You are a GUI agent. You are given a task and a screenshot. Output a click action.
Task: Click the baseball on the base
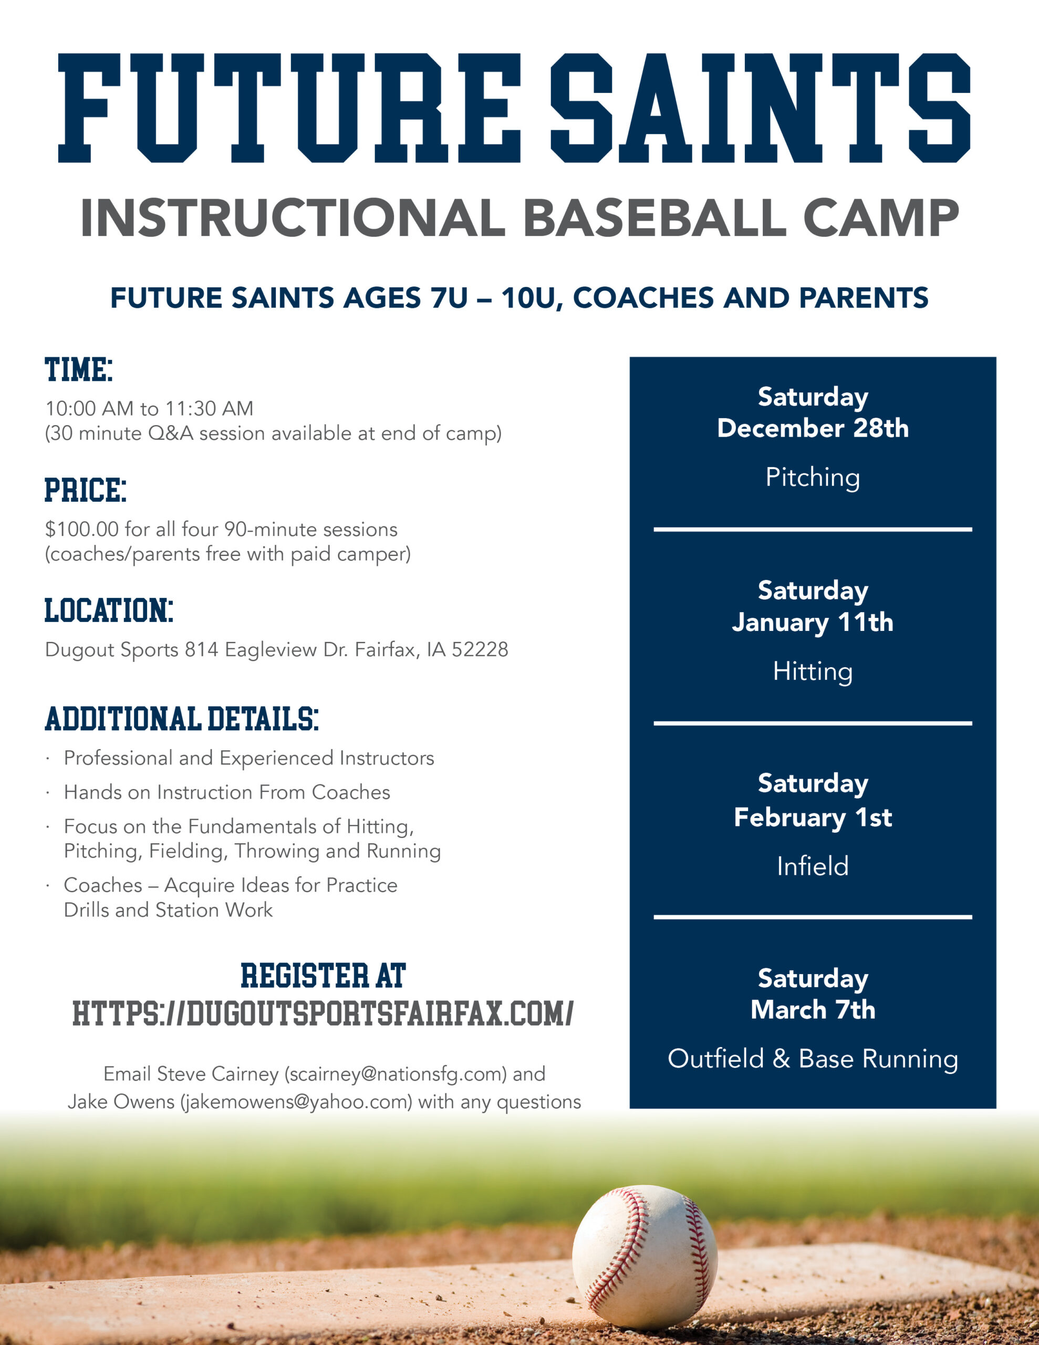point(645,1257)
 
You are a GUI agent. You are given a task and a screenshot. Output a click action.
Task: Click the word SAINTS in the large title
point(761,108)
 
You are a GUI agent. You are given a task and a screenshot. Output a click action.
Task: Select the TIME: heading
point(79,369)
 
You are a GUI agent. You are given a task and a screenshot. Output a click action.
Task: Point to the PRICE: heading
point(86,490)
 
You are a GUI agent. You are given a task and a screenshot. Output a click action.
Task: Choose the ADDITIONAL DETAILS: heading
point(182,719)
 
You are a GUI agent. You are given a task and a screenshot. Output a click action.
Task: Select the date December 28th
point(813,428)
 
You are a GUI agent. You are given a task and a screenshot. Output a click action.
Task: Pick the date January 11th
point(813,622)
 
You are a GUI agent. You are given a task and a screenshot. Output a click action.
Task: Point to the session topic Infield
point(813,866)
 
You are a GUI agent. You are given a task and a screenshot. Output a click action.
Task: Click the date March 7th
point(813,1010)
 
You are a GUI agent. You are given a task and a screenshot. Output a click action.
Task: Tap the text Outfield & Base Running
point(813,1059)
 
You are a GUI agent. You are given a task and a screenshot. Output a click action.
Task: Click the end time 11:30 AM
point(209,408)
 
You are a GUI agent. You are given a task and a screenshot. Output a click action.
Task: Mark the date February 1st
point(813,817)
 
